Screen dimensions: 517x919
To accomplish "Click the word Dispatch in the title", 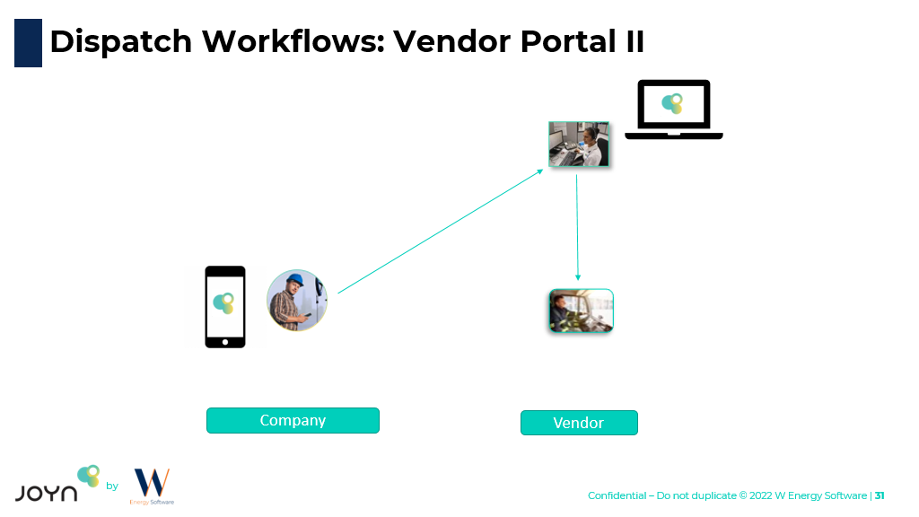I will point(120,41).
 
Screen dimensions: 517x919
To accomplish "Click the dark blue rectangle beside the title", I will point(28,42).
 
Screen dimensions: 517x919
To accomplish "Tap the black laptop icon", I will point(673,110).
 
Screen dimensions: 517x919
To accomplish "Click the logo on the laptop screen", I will point(671,103).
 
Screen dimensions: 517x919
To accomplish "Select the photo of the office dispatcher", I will point(579,144).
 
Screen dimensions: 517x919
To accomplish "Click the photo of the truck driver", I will point(581,311).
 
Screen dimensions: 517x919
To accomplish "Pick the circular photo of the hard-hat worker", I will point(297,300).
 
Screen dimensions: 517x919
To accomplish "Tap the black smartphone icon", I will point(224,306).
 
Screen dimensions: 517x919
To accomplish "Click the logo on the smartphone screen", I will point(223,302).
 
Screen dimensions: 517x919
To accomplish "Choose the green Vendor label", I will point(579,423).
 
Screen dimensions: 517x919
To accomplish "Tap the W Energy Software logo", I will point(152,485).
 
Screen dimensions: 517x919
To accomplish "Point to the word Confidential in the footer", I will point(617,495).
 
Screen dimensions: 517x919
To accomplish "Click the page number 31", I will point(880,495).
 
